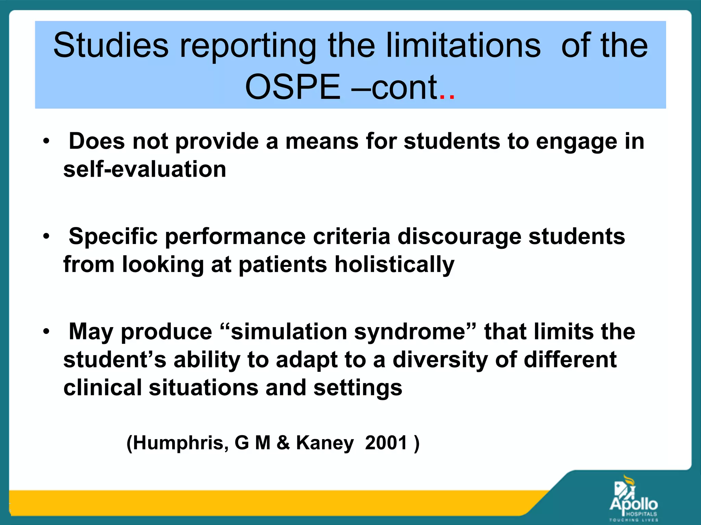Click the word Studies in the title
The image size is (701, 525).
pos(111,45)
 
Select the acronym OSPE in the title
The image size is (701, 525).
pos(293,87)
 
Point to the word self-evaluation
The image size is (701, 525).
pos(145,170)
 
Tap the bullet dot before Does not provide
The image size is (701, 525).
pos(47,141)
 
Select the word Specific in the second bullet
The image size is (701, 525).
pos(113,237)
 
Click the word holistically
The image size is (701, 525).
pos(394,265)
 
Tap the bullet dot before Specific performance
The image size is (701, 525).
pos(47,236)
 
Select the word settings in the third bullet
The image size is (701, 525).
pos(358,388)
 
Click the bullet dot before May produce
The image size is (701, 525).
pos(47,331)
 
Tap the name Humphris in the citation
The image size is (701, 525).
pos(178,443)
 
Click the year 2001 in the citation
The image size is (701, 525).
pos(386,443)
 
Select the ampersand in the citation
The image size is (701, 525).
pos(283,443)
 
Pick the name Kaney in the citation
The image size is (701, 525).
pos(324,443)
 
